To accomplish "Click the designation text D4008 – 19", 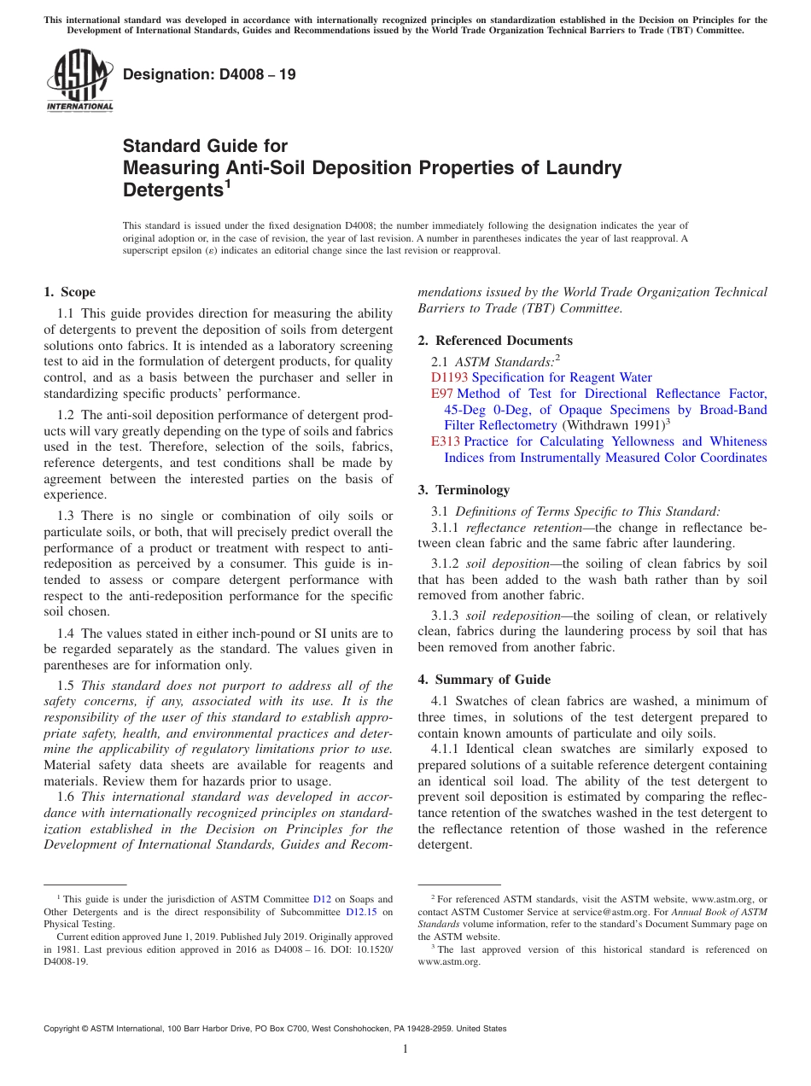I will click(x=209, y=74).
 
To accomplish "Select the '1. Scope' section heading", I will click(x=69, y=292).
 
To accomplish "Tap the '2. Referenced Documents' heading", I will click(x=495, y=341).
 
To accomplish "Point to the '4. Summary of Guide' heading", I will click(x=484, y=680).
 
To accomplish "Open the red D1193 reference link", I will click(x=449, y=377).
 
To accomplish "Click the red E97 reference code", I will click(x=441, y=394).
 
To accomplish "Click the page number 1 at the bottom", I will click(x=405, y=1048).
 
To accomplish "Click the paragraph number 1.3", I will click(x=67, y=516).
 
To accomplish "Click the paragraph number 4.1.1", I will click(x=446, y=749).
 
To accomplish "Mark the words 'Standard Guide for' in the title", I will click(x=206, y=146).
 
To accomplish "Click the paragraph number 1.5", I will click(x=67, y=686).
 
